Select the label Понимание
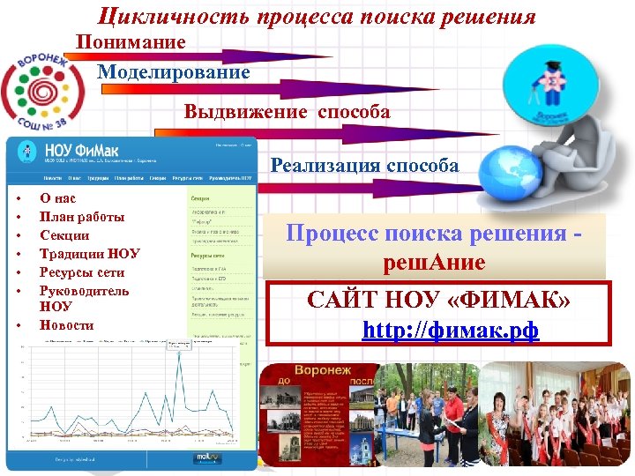pyautogui.click(x=131, y=42)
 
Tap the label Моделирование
pyautogui.click(x=173, y=72)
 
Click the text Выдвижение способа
pyautogui.click(x=287, y=112)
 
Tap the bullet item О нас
pyautogui.click(x=57, y=198)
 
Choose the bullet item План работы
pyautogui.click(x=82, y=217)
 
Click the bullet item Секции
pyautogui.click(x=64, y=235)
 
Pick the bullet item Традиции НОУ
pyautogui.click(x=90, y=254)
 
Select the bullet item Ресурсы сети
pyautogui.click(x=82, y=272)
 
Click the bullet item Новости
pyautogui.click(x=66, y=324)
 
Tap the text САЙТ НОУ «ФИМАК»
pyautogui.click(x=438, y=301)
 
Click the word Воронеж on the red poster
pyautogui.click(x=323, y=371)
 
